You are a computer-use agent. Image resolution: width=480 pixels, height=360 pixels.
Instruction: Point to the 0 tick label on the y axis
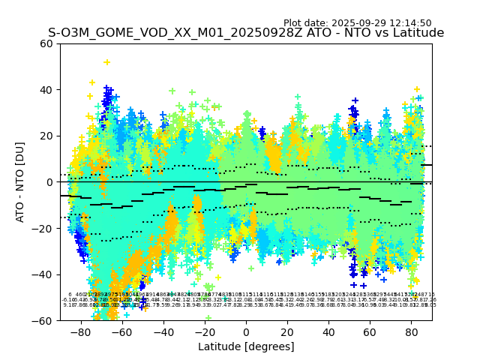[x=50, y=182]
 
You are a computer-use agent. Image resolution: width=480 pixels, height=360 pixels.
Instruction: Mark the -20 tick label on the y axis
[x=44, y=228]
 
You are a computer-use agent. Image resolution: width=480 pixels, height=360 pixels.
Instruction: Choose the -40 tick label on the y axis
[x=44, y=274]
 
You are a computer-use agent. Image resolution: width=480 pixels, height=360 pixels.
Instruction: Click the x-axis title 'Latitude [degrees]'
[x=246, y=346]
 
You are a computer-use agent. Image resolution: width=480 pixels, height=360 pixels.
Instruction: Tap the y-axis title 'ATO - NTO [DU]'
[x=20, y=182]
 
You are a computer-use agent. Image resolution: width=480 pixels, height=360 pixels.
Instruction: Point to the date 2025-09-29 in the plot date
[x=360, y=23]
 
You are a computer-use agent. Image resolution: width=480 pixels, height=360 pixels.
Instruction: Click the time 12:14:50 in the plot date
[x=411, y=23]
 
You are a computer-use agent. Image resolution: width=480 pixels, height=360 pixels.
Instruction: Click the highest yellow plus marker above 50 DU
[x=106, y=62]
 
